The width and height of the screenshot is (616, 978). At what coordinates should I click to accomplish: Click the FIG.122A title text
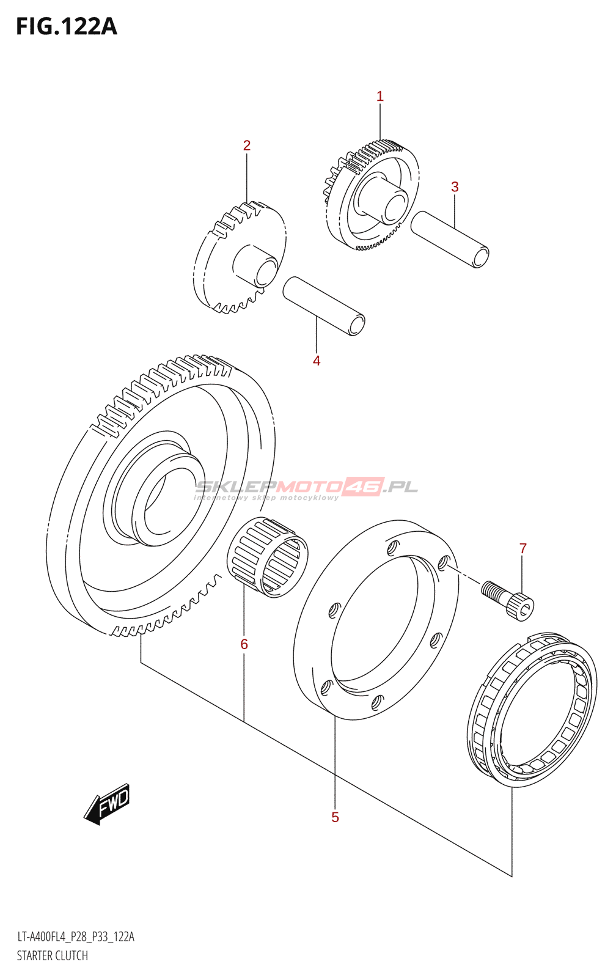click(x=66, y=26)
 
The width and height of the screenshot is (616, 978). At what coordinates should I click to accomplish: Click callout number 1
click(x=380, y=96)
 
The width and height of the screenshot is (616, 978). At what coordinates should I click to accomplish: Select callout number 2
click(x=246, y=145)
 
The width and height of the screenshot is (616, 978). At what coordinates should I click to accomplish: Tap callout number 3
click(x=455, y=187)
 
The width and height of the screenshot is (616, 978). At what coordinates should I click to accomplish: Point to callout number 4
click(x=317, y=361)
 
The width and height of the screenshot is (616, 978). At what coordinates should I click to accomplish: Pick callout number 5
click(x=335, y=817)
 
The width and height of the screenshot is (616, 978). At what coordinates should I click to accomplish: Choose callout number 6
click(x=244, y=644)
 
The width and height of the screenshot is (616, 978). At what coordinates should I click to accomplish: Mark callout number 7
click(x=522, y=548)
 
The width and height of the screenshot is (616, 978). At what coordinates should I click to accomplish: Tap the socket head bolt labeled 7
click(x=508, y=599)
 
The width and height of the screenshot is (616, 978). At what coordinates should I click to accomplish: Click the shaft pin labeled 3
click(x=450, y=239)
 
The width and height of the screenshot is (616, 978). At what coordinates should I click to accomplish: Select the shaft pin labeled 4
click(x=324, y=306)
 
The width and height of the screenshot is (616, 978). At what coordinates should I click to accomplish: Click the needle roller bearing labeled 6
click(x=268, y=556)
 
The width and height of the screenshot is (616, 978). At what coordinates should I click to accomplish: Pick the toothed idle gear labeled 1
click(x=373, y=196)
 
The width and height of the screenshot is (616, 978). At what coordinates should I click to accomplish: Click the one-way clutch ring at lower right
click(x=532, y=709)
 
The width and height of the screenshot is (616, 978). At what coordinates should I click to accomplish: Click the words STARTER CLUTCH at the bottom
click(x=53, y=955)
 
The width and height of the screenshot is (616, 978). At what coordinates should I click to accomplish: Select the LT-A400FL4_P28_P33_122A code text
click(x=76, y=936)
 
